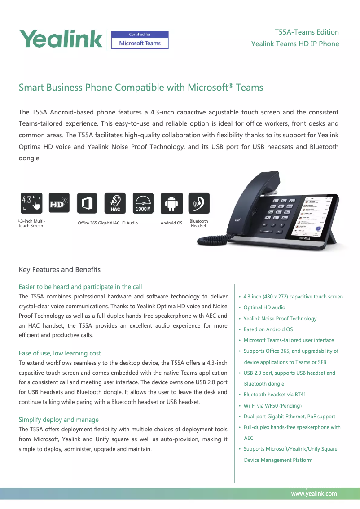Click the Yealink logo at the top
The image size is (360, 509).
61,39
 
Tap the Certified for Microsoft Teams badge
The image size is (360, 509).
139,40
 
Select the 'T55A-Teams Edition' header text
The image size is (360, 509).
307,32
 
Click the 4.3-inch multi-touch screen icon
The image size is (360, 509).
31,203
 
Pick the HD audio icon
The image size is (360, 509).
59,203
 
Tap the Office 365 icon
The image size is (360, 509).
87,203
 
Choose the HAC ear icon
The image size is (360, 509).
115,203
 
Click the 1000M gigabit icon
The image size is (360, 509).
143,203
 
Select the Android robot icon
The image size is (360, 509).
171,203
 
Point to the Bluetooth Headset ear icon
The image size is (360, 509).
198,203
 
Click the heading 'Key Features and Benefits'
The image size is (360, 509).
60,270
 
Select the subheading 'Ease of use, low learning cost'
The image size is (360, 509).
60,353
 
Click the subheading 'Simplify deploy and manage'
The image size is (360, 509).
58,420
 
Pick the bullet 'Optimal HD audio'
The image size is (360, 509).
264,307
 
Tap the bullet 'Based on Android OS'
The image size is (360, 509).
268,329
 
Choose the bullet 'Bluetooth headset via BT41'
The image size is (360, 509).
275,395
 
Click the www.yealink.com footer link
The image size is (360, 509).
314,494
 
